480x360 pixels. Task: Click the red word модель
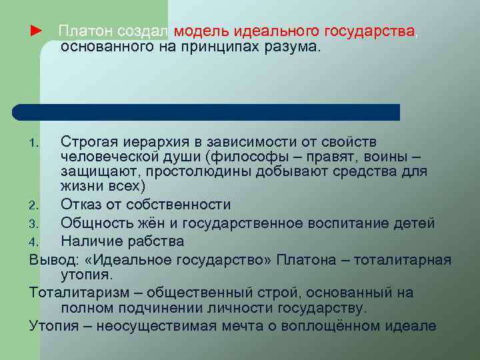click(201, 31)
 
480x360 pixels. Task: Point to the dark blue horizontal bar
click(207, 112)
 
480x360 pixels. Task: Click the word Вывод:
click(53, 259)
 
